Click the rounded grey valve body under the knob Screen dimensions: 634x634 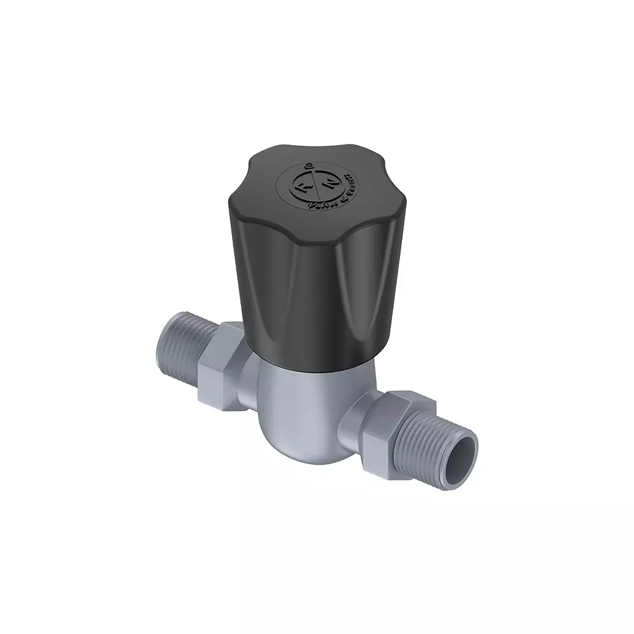298,399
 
